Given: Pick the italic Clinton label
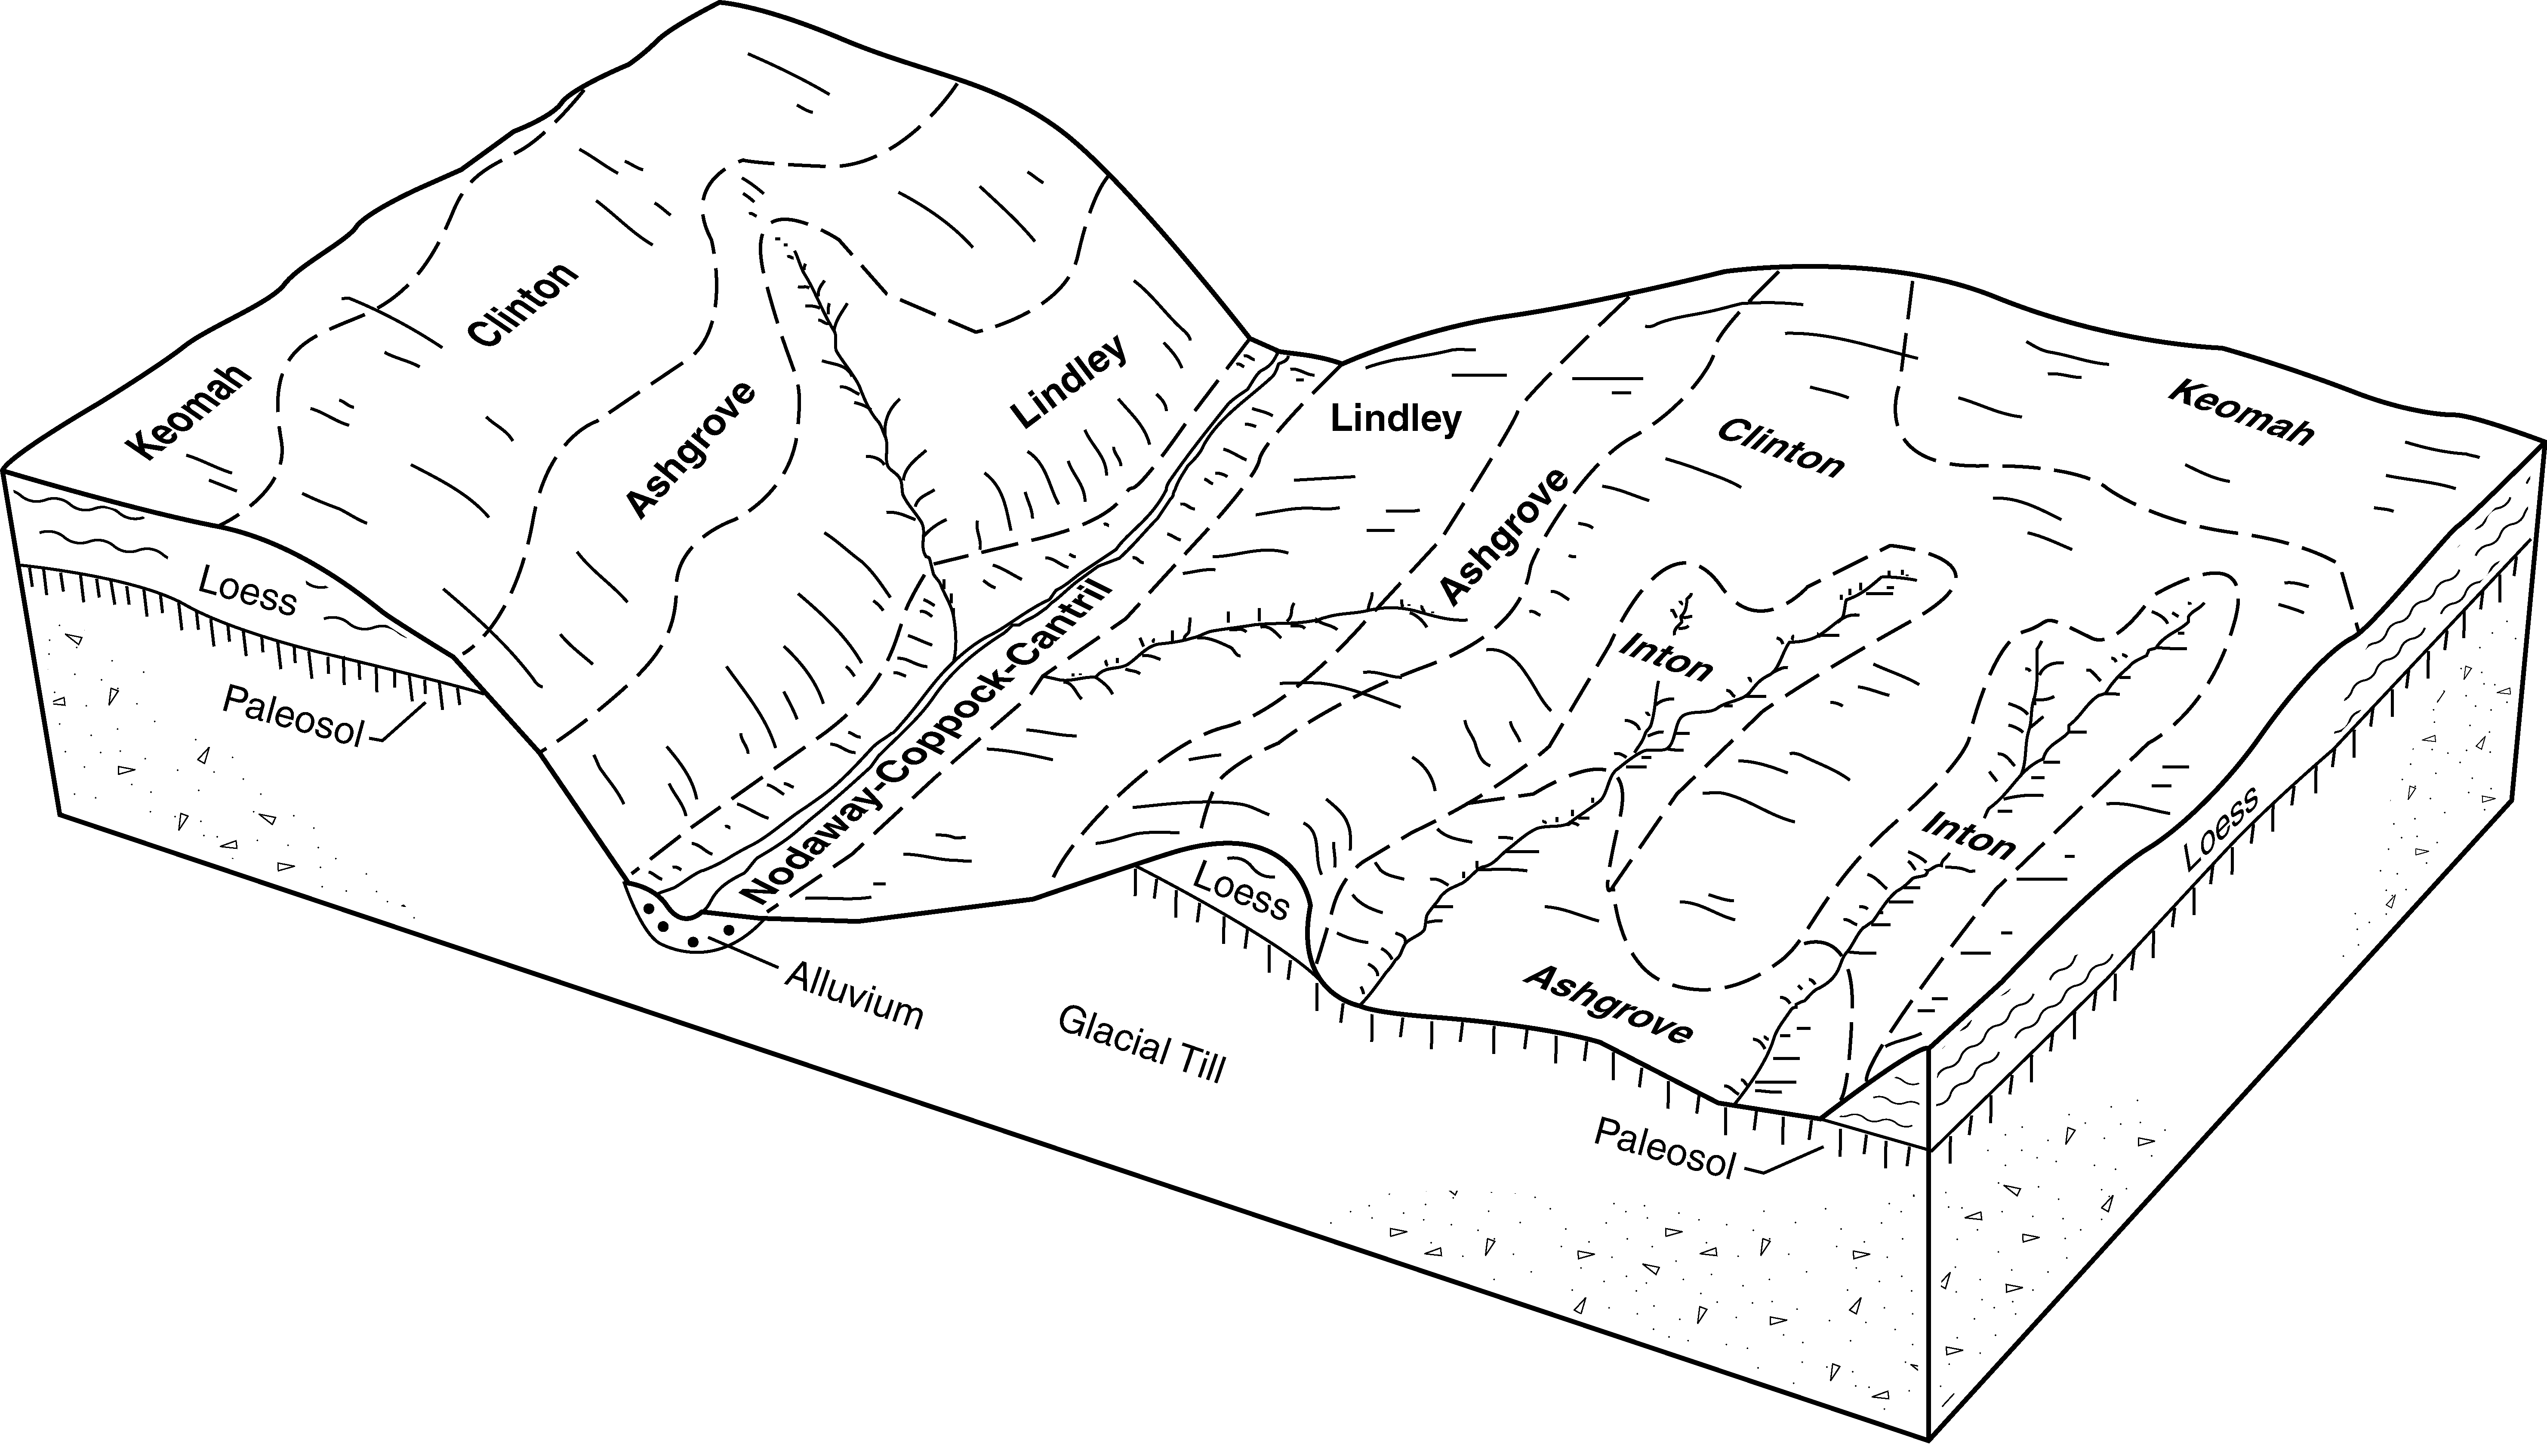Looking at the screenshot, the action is click(1780, 447).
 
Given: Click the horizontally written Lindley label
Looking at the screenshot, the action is click(1395, 420).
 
